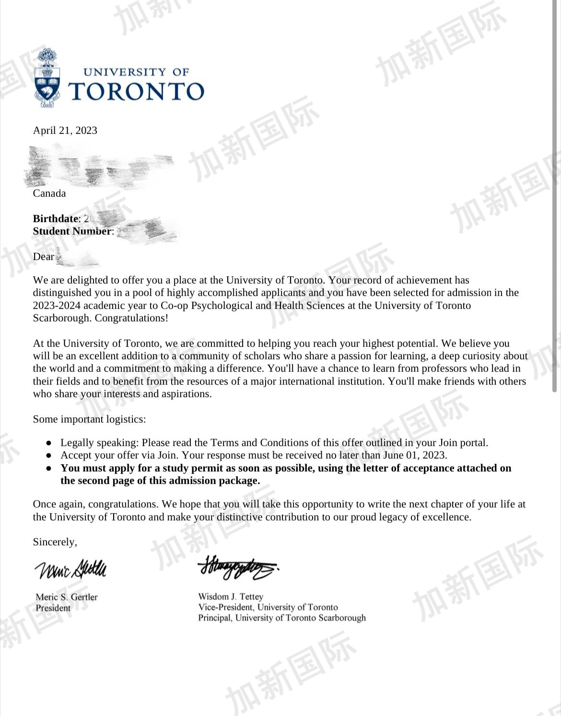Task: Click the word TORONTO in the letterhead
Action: coord(136,91)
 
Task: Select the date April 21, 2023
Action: coord(65,130)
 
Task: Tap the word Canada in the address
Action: coord(49,193)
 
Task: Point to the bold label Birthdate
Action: coord(55,219)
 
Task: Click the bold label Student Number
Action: coord(72,231)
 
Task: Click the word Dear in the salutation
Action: coord(43,257)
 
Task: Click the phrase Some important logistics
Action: coord(89,419)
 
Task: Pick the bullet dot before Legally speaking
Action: coord(48,443)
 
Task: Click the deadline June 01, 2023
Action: coord(415,455)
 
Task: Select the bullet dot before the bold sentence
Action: coord(48,469)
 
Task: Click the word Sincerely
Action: coord(55,542)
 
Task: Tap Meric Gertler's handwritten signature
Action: coord(70,569)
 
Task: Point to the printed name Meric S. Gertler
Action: coord(67,597)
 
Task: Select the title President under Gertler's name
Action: coord(53,608)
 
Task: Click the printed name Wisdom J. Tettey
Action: coord(231,597)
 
